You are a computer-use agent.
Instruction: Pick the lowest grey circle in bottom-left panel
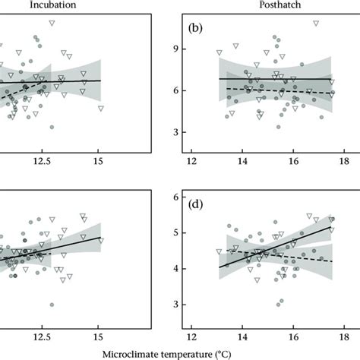52,305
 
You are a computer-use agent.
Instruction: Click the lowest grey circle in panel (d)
279,303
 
